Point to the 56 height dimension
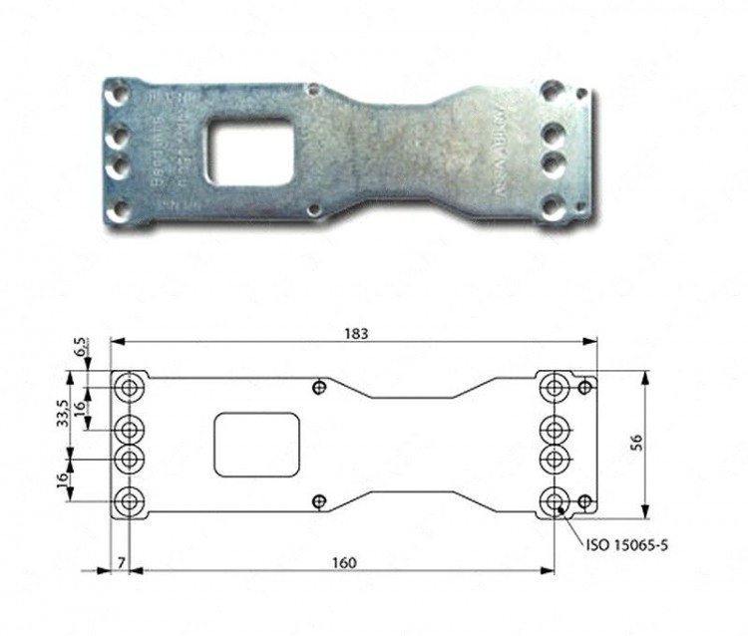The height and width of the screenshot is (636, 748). click(663, 446)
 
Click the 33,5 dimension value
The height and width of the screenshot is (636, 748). click(63, 413)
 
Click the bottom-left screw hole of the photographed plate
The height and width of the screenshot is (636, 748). click(119, 209)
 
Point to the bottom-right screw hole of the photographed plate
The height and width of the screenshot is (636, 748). click(551, 209)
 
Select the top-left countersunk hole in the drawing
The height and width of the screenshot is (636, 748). click(129, 388)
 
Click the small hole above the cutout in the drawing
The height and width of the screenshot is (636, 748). click(319, 388)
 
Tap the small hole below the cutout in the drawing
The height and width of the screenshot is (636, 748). click(319, 501)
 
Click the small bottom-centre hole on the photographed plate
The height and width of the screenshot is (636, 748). click(314, 210)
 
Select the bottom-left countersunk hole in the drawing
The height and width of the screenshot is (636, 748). click(129, 501)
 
